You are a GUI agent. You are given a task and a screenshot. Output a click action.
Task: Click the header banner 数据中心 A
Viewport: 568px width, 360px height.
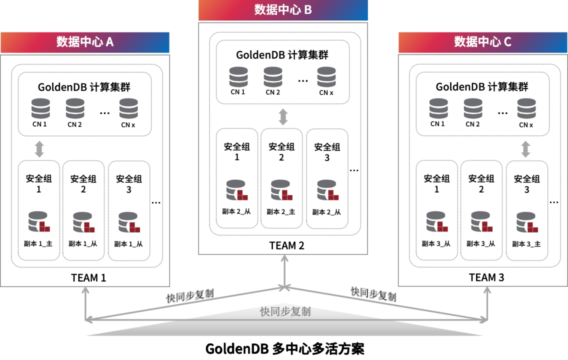pos(85,42)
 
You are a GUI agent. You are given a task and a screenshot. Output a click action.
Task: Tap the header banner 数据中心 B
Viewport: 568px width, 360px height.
pos(283,10)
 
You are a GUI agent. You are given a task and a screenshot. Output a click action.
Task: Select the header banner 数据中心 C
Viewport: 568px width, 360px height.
pos(483,42)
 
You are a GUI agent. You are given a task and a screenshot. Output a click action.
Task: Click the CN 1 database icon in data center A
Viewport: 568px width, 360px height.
pos(40,108)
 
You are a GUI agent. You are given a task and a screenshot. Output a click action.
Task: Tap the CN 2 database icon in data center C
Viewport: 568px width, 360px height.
pos(472,108)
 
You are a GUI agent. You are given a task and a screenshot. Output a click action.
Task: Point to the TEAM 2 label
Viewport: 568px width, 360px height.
pos(287,245)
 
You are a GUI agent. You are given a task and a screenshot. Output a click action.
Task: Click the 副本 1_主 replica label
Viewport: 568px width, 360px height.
pos(38,244)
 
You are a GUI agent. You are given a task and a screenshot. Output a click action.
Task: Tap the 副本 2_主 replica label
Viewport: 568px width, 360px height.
pos(281,212)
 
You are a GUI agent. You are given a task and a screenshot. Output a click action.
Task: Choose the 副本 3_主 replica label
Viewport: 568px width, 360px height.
pos(526,244)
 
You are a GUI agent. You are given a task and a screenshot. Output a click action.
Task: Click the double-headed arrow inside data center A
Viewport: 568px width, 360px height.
pos(39,148)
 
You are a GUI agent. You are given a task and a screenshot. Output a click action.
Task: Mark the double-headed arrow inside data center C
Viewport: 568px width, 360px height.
pos(525,148)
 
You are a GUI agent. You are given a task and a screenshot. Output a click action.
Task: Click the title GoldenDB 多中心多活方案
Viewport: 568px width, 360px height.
pos(284,348)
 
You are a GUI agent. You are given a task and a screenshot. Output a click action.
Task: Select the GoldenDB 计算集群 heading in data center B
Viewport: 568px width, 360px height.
pos(282,55)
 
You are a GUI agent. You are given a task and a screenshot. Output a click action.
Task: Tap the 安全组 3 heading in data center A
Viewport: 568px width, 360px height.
pos(128,183)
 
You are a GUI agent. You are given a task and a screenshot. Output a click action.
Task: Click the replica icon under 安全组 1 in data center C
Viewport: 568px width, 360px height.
pos(436,222)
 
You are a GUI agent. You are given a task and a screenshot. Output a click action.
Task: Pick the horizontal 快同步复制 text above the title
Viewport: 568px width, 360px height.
pos(285,311)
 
